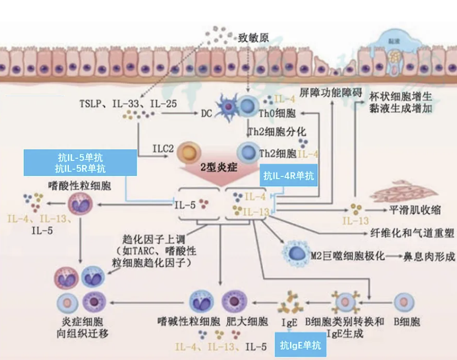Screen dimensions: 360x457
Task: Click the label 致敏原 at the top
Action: (x=253, y=39)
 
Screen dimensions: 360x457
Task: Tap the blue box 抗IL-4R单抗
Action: (x=288, y=176)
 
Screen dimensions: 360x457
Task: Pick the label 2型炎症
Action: (x=219, y=167)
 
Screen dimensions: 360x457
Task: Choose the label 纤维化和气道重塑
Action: (x=413, y=233)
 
